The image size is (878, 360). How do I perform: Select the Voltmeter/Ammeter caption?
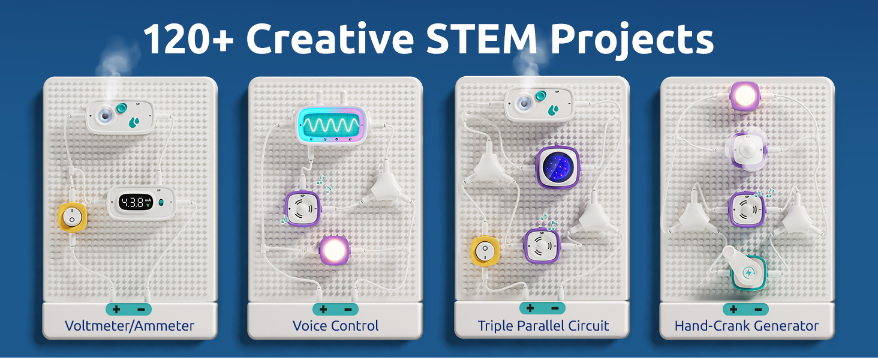(130, 326)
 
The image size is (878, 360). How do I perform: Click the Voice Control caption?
(335, 326)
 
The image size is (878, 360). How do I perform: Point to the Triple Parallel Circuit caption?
(543, 326)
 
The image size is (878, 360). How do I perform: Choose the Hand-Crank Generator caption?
(746, 326)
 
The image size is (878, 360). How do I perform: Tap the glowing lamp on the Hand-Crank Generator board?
(745, 96)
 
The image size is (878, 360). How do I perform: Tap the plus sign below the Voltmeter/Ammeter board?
(116, 310)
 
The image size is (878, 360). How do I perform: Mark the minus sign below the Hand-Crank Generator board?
(758, 310)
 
